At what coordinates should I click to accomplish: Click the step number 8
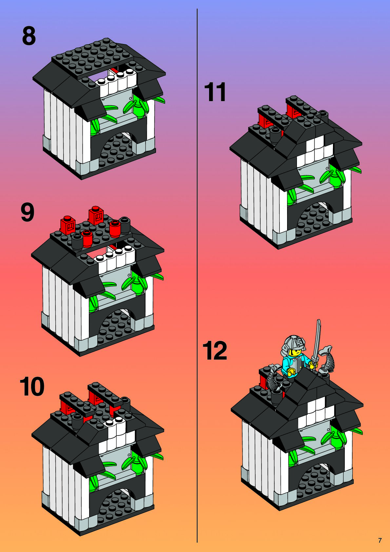click(29, 36)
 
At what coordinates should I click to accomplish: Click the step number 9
click(28, 212)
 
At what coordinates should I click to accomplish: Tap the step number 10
click(32, 387)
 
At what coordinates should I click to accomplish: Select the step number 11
click(215, 92)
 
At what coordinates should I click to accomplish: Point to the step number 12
click(215, 351)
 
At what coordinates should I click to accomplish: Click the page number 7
click(380, 540)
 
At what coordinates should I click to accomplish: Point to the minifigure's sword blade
click(317, 341)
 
